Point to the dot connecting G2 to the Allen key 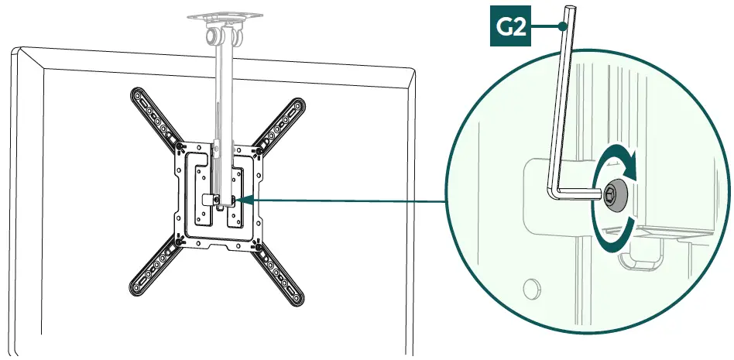tap(560, 26)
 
